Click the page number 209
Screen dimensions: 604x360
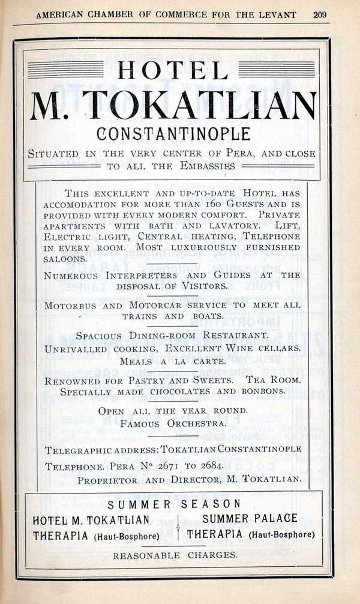tap(320, 14)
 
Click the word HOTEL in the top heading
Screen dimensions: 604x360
tap(173, 70)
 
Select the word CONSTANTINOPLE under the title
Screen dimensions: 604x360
tap(173, 133)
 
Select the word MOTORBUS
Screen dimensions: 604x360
tap(70, 305)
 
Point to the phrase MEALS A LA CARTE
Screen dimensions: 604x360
tap(173, 361)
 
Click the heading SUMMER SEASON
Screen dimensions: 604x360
tap(174, 504)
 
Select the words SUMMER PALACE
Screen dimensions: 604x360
tap(250, 518)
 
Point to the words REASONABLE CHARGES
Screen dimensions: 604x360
tap(175, 555)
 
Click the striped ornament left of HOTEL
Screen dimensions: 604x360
tap(65, 70)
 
